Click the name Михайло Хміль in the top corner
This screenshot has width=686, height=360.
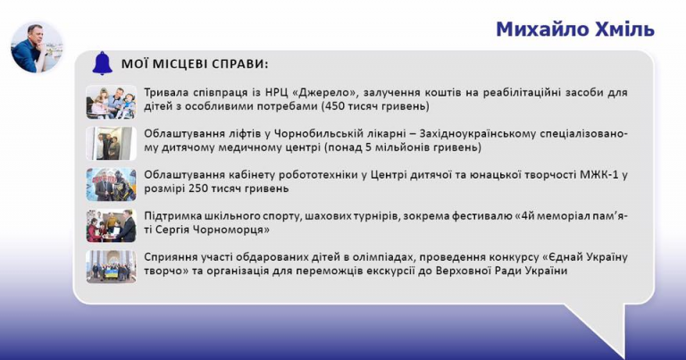click(x=575, y=29)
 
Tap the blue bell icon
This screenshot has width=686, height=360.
click(x=103, y=63)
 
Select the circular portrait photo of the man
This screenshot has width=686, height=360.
click(x=37, y=47)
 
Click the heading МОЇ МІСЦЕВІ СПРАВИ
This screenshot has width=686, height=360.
click(x=195, y=63)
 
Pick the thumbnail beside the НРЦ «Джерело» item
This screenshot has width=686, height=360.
click(x=111, y=102)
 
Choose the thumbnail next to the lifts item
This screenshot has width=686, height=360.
click(x=111, y=143)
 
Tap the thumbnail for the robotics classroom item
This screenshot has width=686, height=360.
click(x=111, y=184)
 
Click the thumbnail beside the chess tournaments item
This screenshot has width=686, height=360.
click(x=111, y=226)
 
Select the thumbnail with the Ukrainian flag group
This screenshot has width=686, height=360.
click(x=111, y=267)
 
